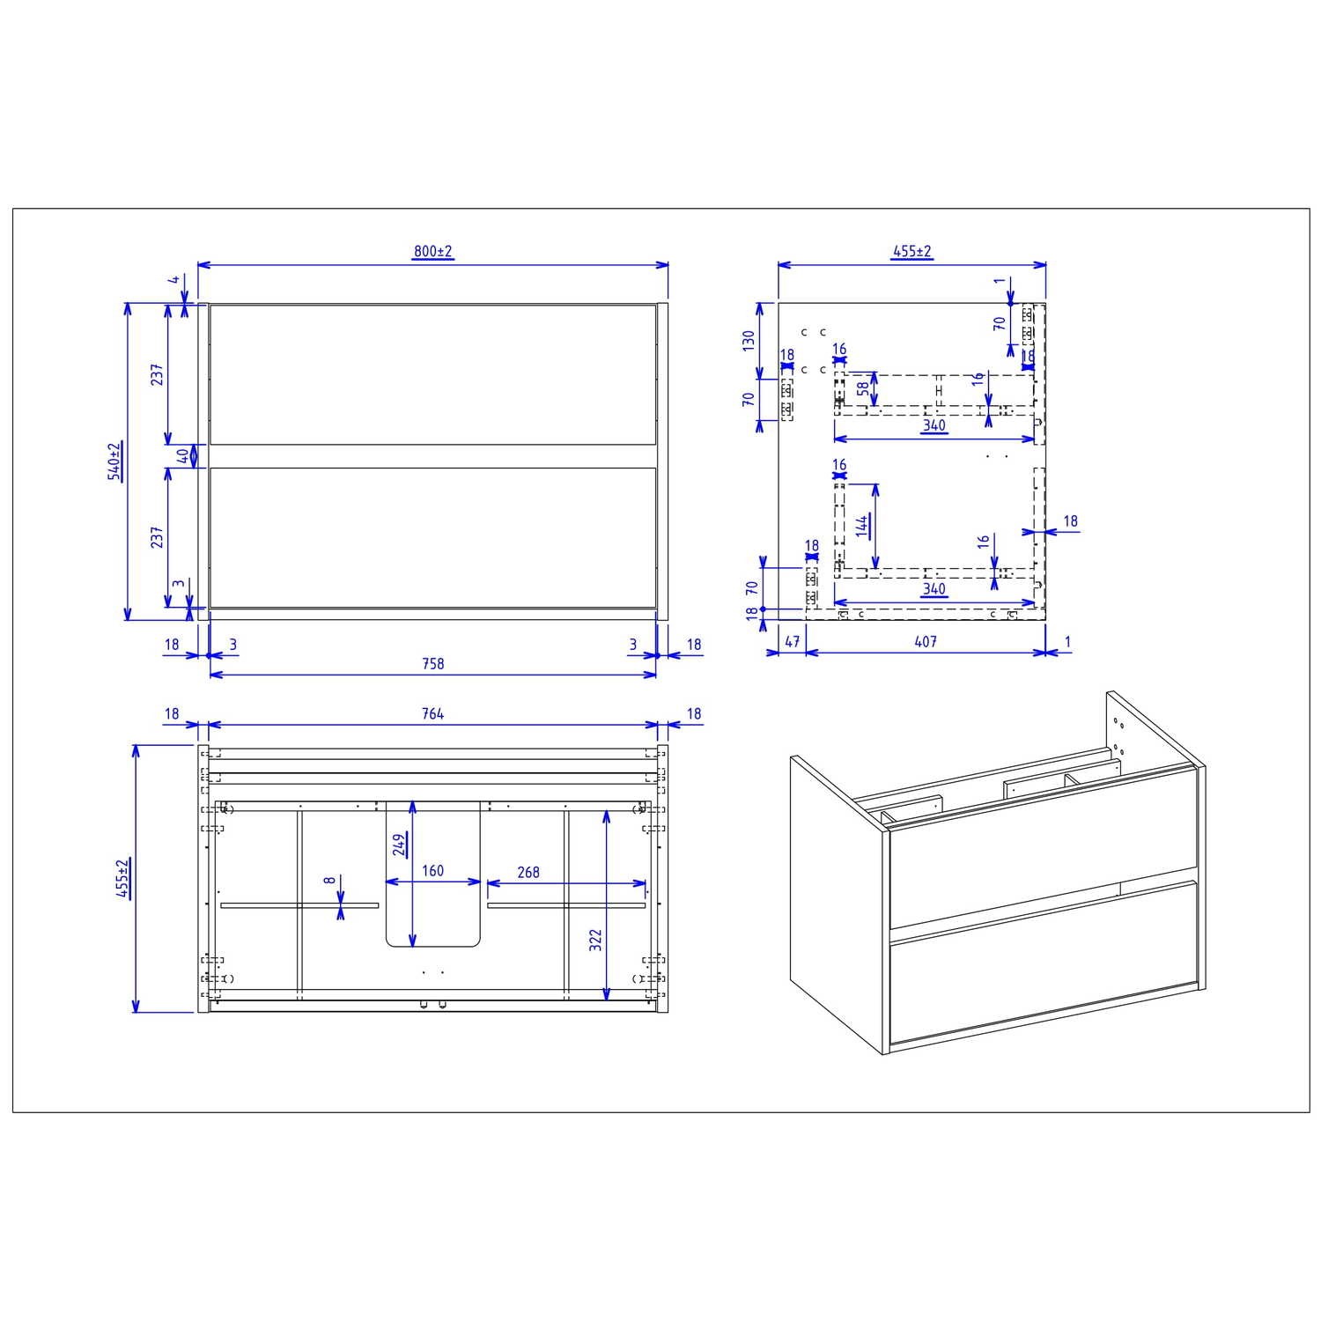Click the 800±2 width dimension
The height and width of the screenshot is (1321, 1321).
(432, 252)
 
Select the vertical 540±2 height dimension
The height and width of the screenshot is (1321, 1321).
(114, 461)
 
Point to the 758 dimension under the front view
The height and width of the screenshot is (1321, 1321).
(432, 664)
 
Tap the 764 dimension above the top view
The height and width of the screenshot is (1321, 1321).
(432, 714)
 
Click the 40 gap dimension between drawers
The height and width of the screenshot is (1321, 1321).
(182, 456)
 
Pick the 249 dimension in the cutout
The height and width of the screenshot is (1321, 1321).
(400, 845)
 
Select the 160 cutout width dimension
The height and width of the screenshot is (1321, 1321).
(432, 871)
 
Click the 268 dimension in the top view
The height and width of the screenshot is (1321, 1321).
(528, 872)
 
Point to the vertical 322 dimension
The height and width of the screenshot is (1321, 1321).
(595, 940)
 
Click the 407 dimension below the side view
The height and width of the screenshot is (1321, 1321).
(925, 642)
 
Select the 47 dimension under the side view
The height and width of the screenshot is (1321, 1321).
(792, 642)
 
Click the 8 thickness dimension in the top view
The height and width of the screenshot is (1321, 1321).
(328, 880)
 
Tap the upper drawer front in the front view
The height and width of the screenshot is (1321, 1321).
(432, 374)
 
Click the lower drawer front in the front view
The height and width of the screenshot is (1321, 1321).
(432, 537)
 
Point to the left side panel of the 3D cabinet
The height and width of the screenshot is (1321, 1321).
(837, 907)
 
